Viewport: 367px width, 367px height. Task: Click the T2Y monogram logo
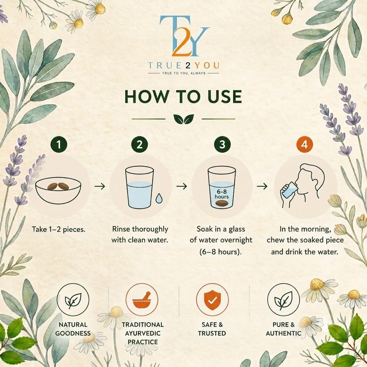(x=184, y=36)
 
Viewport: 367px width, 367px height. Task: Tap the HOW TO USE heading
(x=183, y=96)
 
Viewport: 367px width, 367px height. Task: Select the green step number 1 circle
(x=59, y=144)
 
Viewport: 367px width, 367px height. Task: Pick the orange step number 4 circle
(x=304, y=144)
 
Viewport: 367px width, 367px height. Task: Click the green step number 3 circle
(x=222, y=144)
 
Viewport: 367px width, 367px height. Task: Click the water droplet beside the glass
(x=159, y=198)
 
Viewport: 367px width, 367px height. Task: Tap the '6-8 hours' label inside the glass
(x=221, y=194)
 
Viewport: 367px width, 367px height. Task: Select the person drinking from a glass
(x=302, y=186)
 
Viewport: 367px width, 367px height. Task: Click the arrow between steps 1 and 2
(x=100, y=186)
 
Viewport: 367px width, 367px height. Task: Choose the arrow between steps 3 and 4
(x=262, y=186)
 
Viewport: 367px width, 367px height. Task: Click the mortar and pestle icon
(x=142, y=300)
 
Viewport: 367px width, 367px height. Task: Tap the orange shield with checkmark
(x=212, y=300)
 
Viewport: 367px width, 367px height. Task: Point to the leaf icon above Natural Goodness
(x=73, y=300)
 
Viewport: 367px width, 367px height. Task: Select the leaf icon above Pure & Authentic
(x=283, y=300)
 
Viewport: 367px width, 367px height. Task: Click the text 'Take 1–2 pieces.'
(x=58, y=229)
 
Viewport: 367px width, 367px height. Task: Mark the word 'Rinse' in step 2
(x=121, y=229)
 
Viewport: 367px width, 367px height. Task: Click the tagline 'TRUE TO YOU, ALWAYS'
(x=184, y=73)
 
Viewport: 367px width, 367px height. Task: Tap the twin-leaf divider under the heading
(x=184, y=119)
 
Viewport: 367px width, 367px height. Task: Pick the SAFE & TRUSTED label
(x=212, y=329)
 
